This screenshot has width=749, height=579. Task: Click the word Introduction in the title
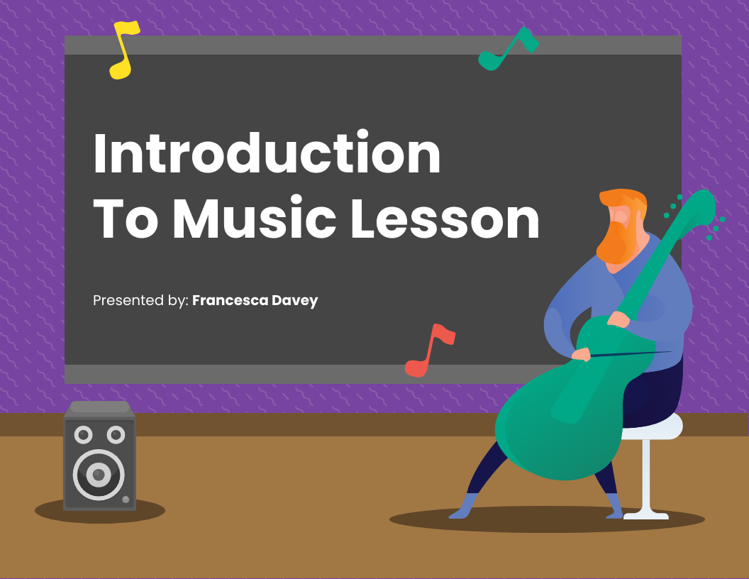click(267, 154)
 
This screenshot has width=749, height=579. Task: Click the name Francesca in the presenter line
click(227, 300)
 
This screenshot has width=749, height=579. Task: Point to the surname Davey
click(294, 300)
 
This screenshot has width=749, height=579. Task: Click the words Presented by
click(140, 300)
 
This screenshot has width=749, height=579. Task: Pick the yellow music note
click(123, 50)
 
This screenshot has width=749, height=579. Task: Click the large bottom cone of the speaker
click(99, 474)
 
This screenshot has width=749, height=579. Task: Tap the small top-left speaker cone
click(83, 434)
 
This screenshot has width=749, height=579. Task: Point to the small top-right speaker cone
click(116, 434)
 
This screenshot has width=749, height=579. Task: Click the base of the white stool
click(645, 514)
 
